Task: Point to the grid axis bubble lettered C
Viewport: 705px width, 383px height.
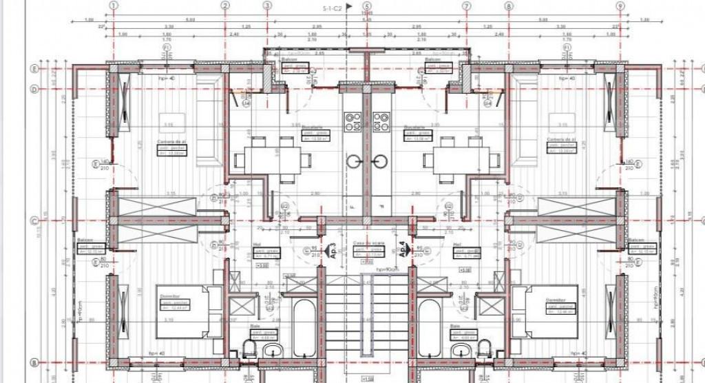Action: [x=32, y=222]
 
